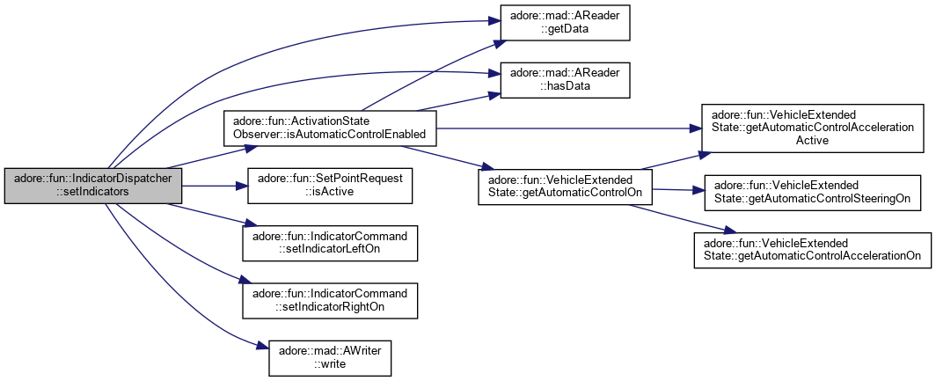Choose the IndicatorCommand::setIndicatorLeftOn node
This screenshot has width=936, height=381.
point(330,243)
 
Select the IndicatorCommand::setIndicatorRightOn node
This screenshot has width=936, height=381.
point(330,300)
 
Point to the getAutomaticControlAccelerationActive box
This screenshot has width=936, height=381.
point(815,127)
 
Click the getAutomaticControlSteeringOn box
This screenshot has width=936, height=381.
point(815,193)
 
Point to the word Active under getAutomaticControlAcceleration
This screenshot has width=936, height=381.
point(815,140)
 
